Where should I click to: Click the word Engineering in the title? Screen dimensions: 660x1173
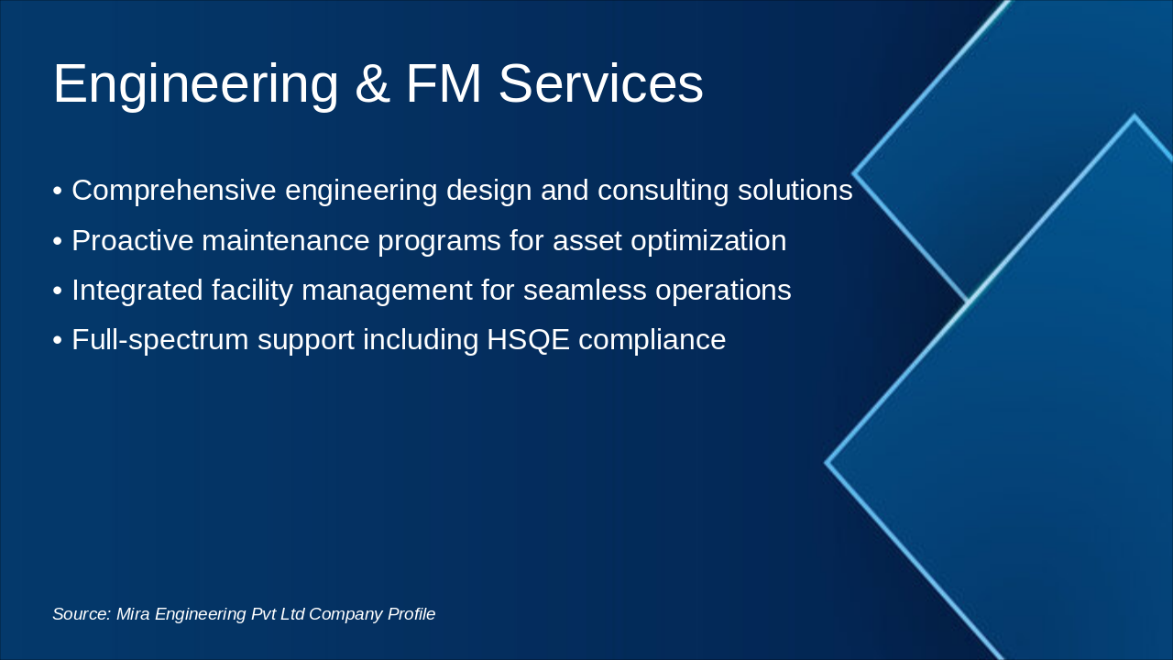(x=195, y=84)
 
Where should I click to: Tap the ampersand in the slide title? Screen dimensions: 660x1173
(x=371, y=84)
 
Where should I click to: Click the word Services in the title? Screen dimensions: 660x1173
(x=600, y=84)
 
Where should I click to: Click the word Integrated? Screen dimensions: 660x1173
(x=137, y=291)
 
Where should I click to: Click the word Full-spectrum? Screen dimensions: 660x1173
(x=160, y=340)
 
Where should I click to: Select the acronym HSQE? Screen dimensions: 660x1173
(x=528, y=340)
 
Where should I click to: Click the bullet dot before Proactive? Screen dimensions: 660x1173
(x=58, y=242)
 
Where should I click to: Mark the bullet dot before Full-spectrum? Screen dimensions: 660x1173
(x=58, y=341)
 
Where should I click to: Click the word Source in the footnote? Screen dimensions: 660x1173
(x=81, y=614)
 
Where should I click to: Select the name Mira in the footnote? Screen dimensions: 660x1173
(x=133, y=614)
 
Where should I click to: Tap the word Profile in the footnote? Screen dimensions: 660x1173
(x=411, y=614)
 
